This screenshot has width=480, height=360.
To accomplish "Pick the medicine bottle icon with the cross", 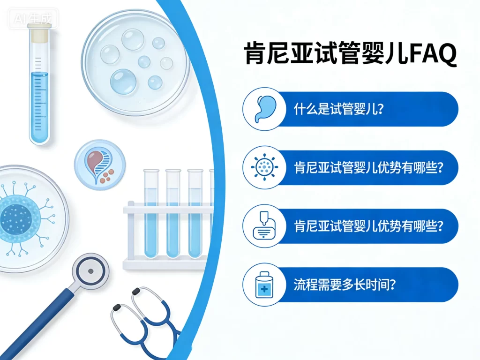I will (x=264, y=285).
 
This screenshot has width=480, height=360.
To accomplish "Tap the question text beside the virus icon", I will (x=368, y=168).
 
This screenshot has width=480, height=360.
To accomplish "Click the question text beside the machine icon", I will (x=368, y=226).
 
